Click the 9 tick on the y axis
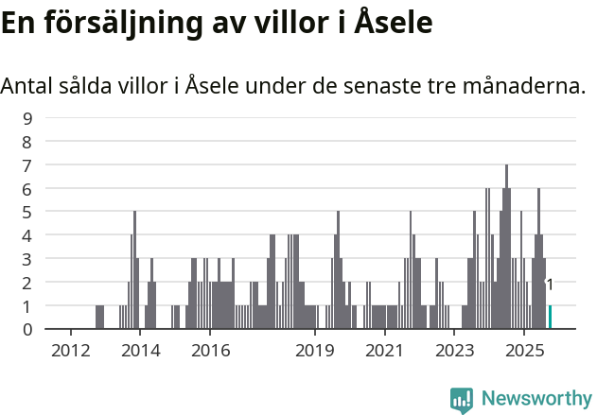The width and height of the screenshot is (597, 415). pos(28,118)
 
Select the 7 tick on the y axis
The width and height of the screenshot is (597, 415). pos(28,165)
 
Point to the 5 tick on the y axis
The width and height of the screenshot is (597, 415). pos(28,212)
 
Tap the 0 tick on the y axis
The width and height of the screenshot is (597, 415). pos(28,329)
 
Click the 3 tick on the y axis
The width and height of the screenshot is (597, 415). pos(28,259)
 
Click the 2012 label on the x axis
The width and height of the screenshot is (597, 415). pos(71,352)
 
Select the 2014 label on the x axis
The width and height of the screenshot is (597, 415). pos(140,352)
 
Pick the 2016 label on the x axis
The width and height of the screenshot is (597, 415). pos(210,352)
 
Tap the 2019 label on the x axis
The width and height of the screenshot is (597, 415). pos(315,352)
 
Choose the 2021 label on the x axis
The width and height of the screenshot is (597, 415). pos(384,352)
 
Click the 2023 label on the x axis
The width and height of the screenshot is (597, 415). pos(454,352)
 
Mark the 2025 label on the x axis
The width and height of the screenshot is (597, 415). pos(523,352)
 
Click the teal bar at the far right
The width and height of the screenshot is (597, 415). pos(550,317)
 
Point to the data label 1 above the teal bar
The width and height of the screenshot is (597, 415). pos(550,285)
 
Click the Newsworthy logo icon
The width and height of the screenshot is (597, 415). pos(462,400)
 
